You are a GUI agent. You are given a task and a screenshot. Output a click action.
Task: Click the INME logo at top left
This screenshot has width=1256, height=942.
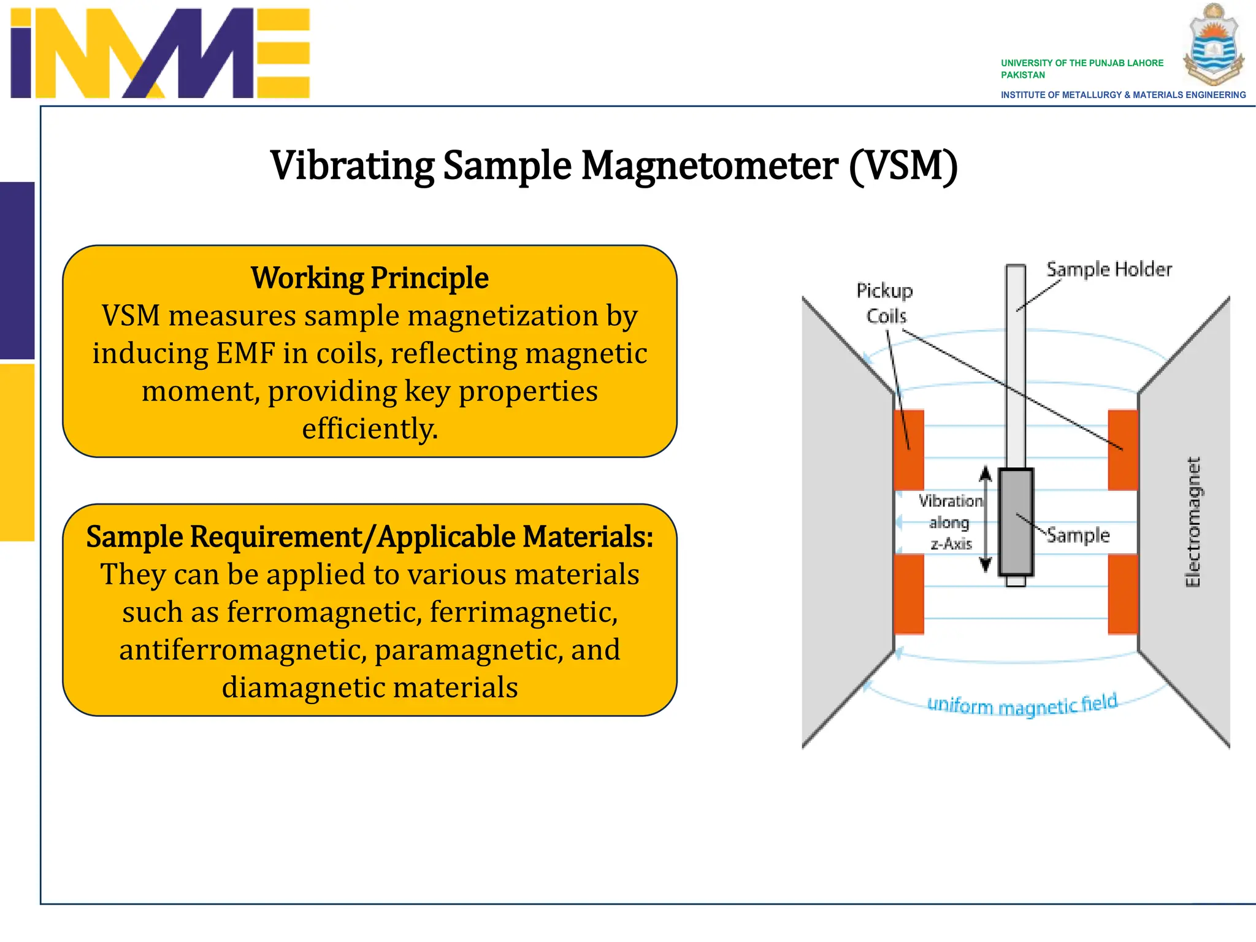click(x=161, y=53)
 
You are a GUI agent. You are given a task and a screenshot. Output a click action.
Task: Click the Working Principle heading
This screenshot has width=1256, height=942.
click(x=370, y=278)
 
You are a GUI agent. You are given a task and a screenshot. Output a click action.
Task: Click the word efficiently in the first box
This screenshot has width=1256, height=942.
click(x=370, y=429)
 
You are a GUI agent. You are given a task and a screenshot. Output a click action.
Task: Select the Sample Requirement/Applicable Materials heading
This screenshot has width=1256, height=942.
click(x=370, y=537)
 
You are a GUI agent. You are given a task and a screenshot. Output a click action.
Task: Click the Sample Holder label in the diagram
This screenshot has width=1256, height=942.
click(x=1109, y=270)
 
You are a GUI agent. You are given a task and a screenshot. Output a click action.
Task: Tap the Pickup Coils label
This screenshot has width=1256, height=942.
click(x=885, y=303)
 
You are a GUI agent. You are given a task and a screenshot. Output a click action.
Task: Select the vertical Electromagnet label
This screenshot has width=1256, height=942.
click(x=1193, y=522)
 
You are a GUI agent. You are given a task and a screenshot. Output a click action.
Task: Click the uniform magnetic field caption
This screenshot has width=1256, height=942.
click(x=1022, y=705)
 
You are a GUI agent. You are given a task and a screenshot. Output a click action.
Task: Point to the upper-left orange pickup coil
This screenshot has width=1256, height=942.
click(x=909, y=449)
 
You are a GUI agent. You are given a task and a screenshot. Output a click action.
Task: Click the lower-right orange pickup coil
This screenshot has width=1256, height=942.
click(x=1123, y=594)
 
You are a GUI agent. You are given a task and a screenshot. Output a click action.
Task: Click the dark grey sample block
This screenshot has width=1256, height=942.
click(x=1016, y=522)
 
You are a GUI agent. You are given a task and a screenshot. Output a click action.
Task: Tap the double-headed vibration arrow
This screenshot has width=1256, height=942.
click(x=986, y=519)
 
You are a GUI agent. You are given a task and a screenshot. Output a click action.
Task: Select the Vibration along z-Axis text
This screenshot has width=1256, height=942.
click(x=951, y=522)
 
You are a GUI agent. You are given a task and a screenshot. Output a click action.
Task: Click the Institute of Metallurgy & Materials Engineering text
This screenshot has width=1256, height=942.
click(x=1123, y=95)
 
